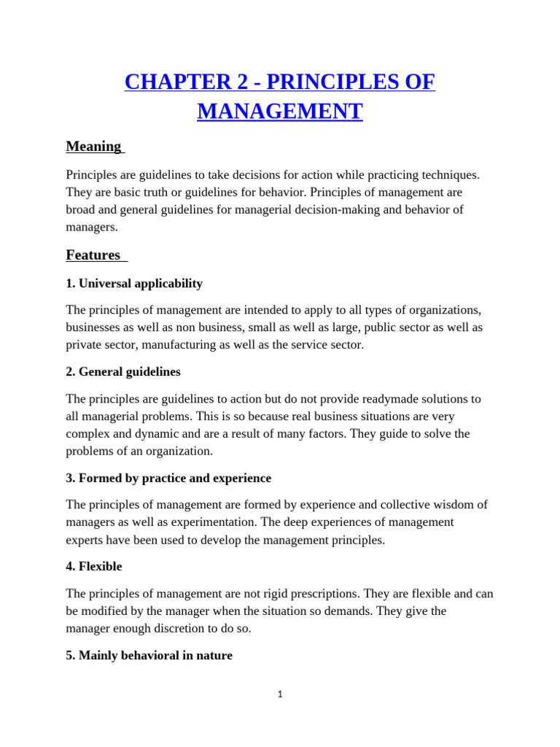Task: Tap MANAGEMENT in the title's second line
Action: click(x=280, y=112)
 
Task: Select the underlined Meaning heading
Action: click(x=94, y=147)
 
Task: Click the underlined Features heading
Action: click(x=93, y=255)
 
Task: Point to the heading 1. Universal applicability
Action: click(x=134, y=283)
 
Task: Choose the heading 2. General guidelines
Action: click(x=123, y=371)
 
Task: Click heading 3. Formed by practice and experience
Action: click(x=168, y=478)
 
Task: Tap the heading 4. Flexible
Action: click(x=94, y=566)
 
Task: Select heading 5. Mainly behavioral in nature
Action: click(x=149, y=655)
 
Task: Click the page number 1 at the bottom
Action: click(x=280, y=694)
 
